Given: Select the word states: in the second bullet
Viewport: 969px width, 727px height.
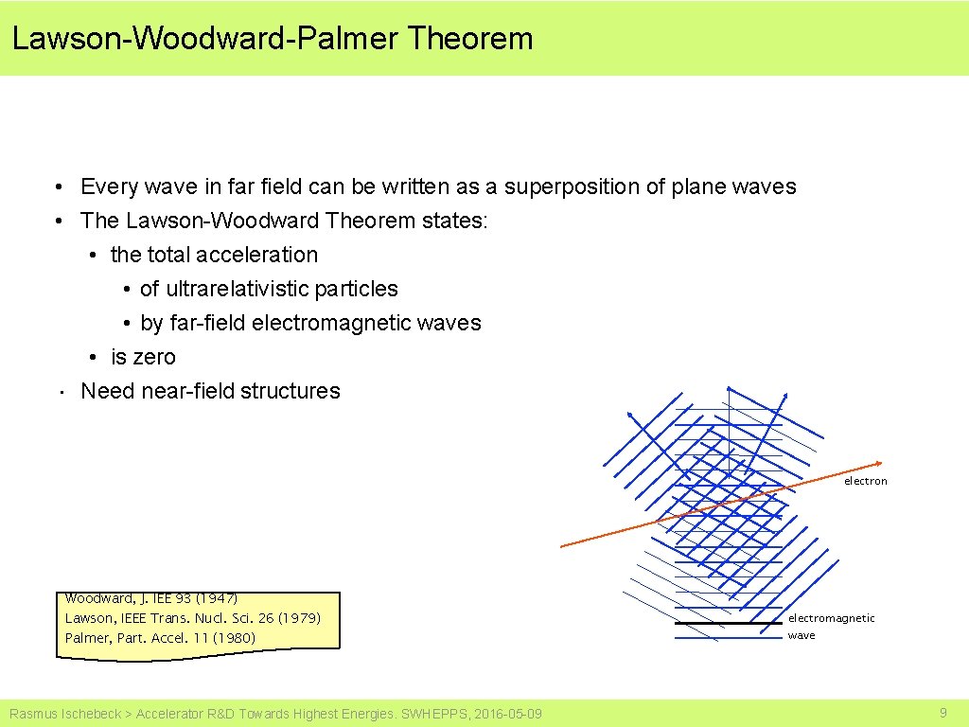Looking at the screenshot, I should click(455, 221).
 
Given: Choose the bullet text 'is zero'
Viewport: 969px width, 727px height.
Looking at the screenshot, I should click(143, 357).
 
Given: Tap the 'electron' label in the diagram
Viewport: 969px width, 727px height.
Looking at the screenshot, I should click(866, 481).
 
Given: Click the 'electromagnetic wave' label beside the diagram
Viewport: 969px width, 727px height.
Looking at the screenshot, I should click(831, 626).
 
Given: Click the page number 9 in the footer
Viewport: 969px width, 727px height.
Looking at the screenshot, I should click(943, 713).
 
